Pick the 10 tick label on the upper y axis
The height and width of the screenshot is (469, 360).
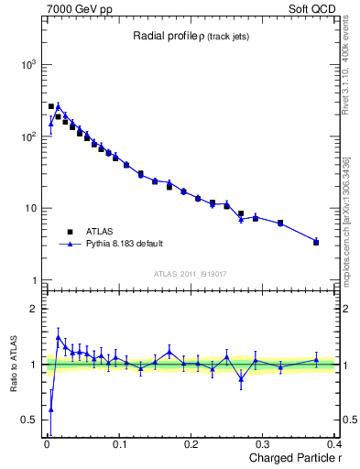tap(29, 208)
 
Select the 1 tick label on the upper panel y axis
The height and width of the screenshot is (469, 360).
tap(32, 279)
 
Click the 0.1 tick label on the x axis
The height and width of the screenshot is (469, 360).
tap(118, 443)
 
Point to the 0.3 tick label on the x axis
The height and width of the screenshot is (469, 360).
tap(264, 443)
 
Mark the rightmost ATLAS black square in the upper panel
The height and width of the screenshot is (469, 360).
tap(316, 242)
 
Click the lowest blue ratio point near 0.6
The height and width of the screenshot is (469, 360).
tap(50, 409)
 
